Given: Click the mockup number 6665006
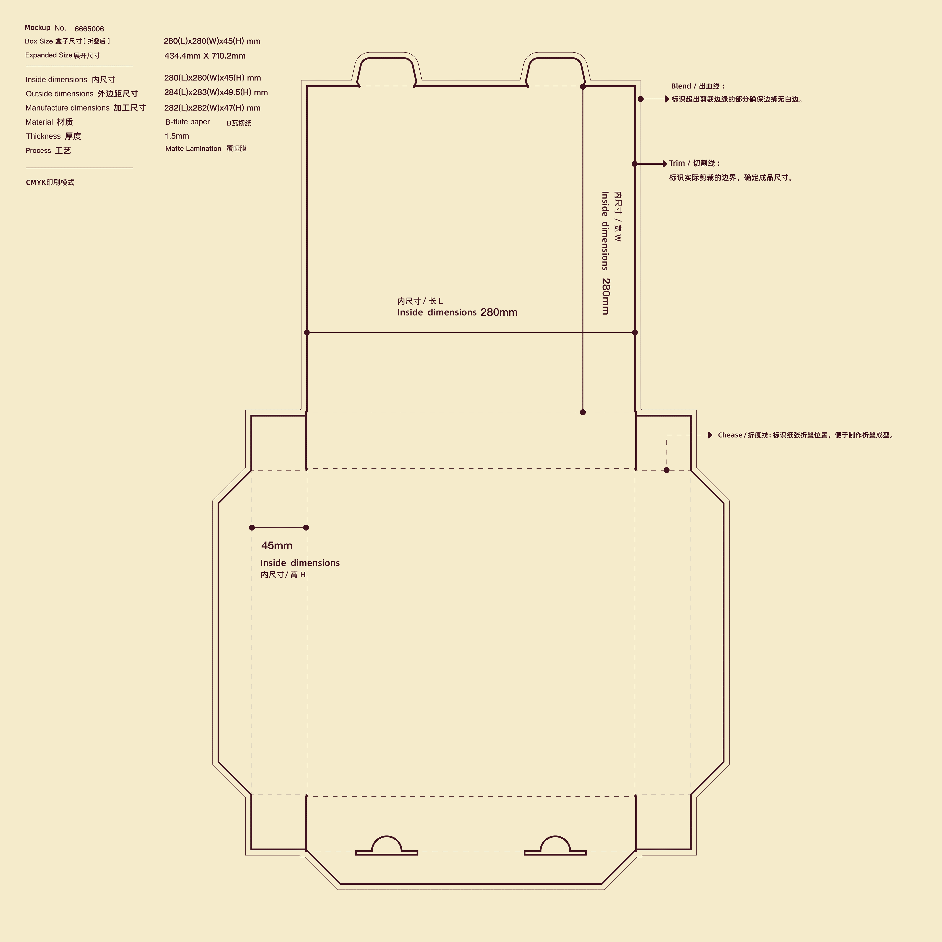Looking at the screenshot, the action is [89, 29].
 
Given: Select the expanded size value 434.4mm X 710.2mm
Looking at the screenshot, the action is [205, 56].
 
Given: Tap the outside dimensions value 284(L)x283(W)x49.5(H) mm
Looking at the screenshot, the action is [216, 92].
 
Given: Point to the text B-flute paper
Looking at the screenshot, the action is [187, 122].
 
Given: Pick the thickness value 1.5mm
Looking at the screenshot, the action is [176, 136].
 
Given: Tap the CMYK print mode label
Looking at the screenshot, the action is [50, 182].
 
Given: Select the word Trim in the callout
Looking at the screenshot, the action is [677, 163].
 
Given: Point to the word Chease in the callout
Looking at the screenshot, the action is [730, 435].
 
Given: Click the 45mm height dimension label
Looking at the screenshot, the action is [276, 546].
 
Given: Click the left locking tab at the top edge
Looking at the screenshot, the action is [386, 58].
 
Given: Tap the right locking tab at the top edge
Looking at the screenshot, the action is [555, 58].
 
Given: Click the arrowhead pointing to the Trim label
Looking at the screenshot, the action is [665, 164].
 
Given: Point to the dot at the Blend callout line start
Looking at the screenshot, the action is [641, 99].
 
